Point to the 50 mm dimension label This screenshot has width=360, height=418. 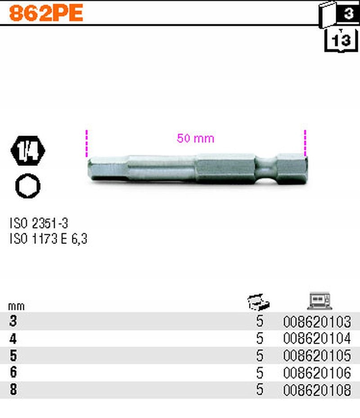(195, 138)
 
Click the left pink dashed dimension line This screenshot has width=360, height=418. (87, 144)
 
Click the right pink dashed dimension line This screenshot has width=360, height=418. (305, 144)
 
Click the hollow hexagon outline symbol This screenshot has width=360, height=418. (27, 186)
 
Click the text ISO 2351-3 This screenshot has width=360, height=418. (39, 223)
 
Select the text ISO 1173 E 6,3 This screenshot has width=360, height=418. (48, 239)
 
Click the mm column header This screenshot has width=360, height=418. (16, 306)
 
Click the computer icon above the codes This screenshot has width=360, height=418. (319, 301)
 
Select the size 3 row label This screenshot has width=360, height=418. (13, 322)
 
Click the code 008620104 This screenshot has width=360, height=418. (317, 339)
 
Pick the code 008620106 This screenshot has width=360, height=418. (317, 373)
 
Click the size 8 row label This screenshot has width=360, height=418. (13, 390)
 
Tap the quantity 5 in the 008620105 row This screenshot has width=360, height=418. (259, 356)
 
